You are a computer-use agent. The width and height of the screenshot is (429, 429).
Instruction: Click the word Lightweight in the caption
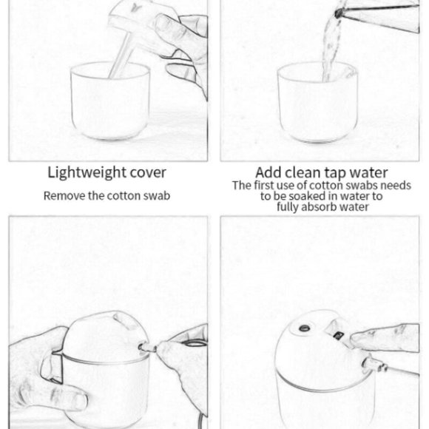pos(87,173)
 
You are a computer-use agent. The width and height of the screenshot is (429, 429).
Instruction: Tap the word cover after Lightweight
pos(148,173)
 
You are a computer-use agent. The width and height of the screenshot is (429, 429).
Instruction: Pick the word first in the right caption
pos(265,185)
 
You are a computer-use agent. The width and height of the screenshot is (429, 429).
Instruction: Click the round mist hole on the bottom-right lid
pos(305,328)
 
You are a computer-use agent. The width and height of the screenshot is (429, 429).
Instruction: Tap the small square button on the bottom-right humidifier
pos(339,335)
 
